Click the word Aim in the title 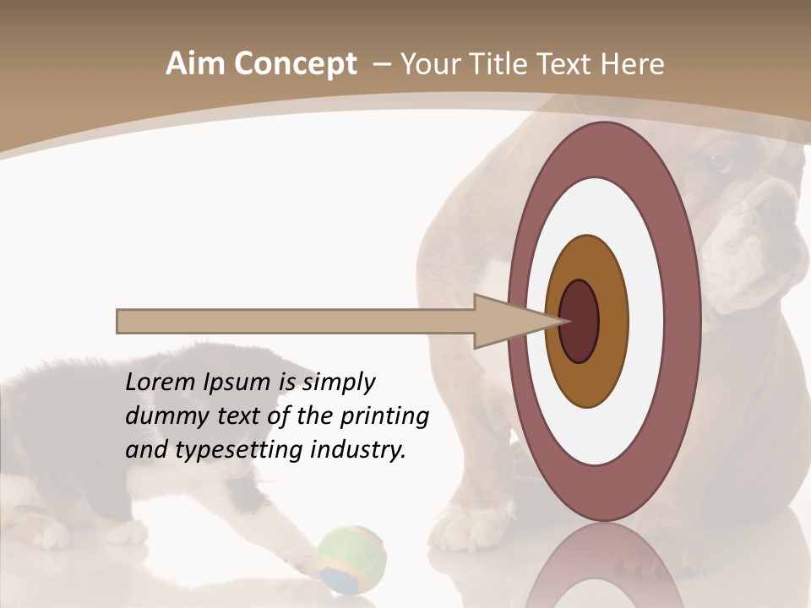195,64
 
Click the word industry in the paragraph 359,449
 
